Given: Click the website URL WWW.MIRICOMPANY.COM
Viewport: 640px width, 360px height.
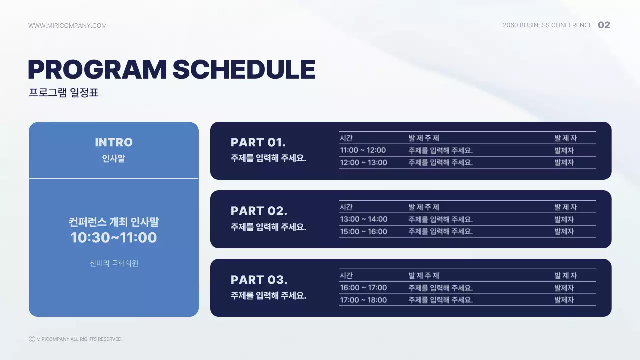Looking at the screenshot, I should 67,26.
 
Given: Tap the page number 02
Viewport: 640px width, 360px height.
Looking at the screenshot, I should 604,25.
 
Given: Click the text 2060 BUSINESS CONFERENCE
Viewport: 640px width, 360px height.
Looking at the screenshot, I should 547,25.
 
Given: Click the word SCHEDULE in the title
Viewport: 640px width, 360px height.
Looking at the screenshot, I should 244,70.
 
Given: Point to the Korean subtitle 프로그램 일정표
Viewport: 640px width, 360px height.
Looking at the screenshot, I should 64,93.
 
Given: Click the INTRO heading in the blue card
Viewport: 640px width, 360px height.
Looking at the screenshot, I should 114,142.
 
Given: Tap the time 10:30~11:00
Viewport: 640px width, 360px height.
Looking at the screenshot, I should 114,238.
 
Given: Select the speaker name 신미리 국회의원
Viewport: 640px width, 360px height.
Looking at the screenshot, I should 114,263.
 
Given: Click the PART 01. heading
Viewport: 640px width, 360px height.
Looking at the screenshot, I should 258,142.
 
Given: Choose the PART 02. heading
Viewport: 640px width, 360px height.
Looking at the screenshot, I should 259,211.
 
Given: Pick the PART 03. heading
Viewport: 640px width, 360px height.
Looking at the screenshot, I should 259,279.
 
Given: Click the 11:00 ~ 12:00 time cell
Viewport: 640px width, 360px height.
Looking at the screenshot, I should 363,150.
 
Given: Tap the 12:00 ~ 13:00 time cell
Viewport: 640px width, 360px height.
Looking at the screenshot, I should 363,162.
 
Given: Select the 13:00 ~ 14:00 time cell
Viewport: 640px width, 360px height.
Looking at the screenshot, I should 363,219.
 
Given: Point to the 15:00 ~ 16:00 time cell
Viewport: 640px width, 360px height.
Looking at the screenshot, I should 363,231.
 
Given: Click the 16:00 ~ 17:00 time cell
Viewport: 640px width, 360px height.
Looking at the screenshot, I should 363,288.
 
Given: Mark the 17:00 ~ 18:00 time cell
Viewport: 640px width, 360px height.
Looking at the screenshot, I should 363,300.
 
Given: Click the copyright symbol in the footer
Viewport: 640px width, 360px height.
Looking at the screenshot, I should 32,339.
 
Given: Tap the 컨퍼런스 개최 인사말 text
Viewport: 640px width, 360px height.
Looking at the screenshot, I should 114,222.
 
